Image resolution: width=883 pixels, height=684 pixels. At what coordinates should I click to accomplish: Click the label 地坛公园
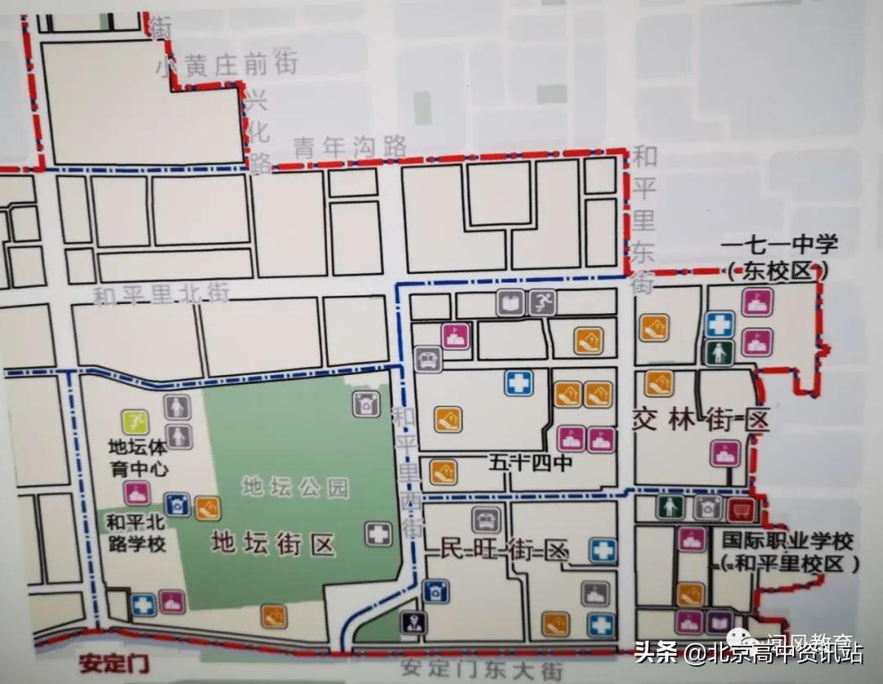point(295,488)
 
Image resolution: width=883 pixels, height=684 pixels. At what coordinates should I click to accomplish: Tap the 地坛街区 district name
point(273,543)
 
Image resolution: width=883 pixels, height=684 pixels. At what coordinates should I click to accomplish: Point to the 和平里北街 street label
point(161,293)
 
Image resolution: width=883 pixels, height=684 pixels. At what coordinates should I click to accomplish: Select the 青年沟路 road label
point(350,147)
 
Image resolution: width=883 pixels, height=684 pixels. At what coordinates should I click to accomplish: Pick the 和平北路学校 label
point(136,532)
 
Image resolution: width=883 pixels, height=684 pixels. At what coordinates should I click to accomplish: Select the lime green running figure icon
point(135,422)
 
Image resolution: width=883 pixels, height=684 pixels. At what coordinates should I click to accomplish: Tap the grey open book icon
point(509,303)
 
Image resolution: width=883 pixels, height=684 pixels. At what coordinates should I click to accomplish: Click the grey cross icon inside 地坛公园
point(378,534)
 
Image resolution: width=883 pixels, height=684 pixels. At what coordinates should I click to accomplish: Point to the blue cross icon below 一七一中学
point(719,324)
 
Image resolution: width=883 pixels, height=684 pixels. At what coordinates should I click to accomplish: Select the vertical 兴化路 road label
point(258,132)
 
